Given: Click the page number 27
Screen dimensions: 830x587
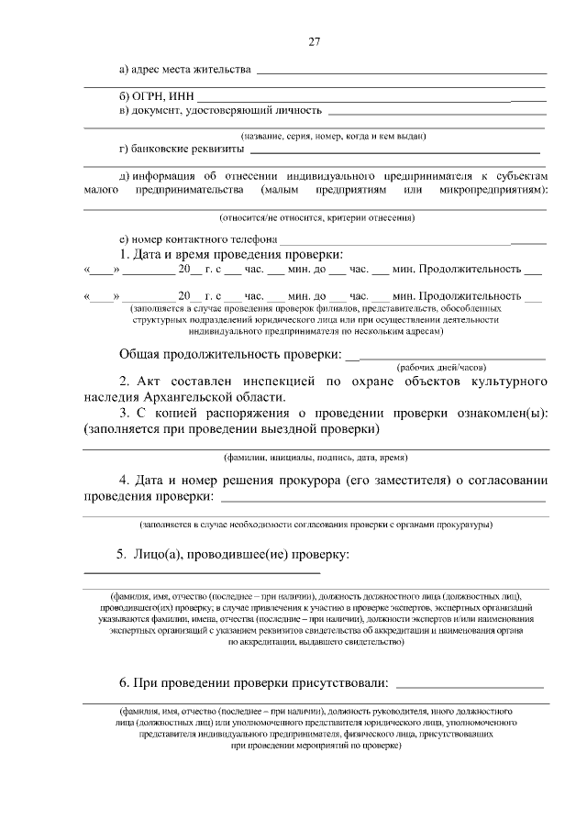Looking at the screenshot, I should point(314,42).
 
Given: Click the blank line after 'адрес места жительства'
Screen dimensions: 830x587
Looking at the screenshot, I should point(400,72).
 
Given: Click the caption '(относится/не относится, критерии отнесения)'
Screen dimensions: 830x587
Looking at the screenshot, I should point(316,218).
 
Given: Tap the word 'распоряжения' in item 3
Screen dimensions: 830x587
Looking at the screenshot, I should point(242,413).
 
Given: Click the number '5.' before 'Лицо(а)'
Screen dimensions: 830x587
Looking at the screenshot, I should point(120,555).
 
